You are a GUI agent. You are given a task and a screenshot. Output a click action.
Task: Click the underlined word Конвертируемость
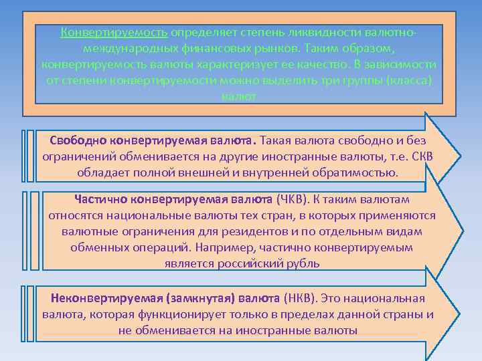(114, 33)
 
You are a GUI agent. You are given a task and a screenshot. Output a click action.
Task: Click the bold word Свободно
(80, 141)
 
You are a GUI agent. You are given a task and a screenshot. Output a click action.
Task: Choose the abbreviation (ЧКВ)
(293, 201)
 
